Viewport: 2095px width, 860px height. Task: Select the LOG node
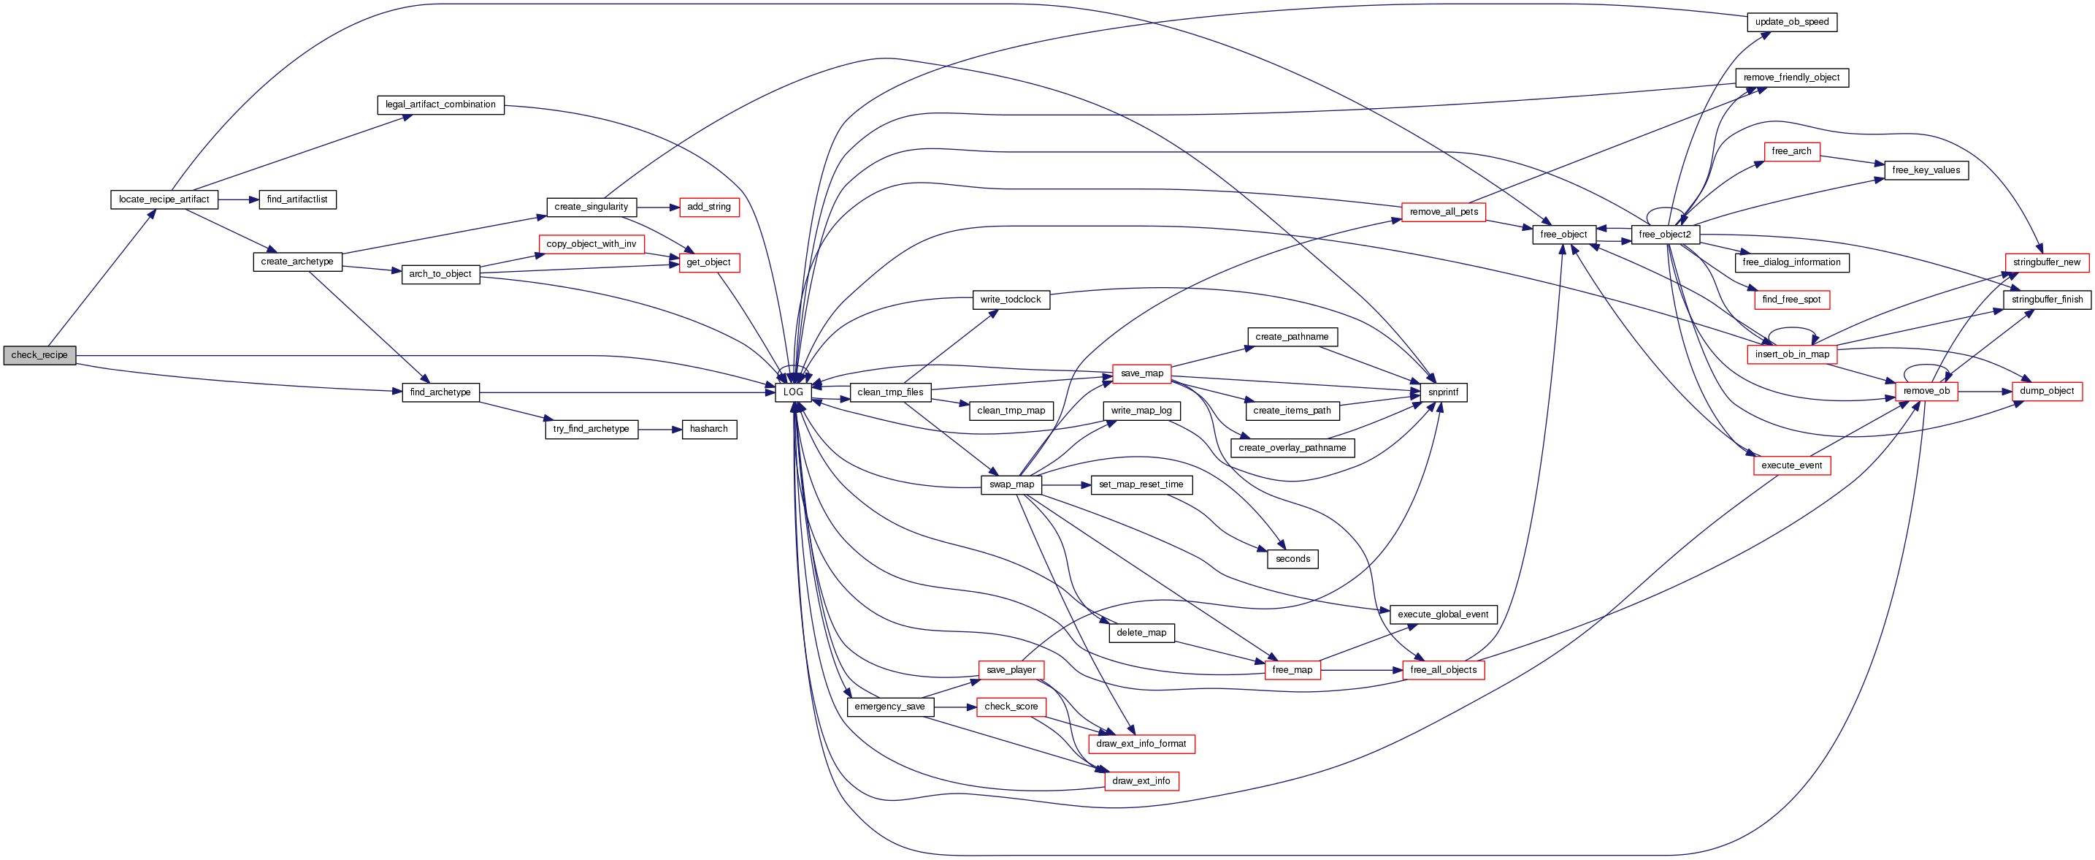click(x=793, y=392)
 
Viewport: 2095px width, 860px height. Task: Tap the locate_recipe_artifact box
click(x=164, y=199)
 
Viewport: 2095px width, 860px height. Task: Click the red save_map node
click(x=1141, y=373)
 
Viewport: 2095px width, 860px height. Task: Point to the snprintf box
click(x=1443, y=392)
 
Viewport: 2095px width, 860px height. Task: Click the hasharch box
click(x=708, y=429)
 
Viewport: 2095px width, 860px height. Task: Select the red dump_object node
click(x=2046, y=392)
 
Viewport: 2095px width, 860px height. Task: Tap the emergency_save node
click(x=889, y=707)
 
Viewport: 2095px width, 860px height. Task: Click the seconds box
click(x=1292, y=559)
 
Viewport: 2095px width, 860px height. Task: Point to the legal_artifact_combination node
click(x=440, y=105)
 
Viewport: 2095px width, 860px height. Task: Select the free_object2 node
click(x=1664, y=235)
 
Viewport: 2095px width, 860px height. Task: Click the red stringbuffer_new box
click(x=2046, y=262)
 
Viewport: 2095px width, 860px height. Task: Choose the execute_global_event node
click(x=1443, y=614)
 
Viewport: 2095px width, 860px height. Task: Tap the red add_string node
click(x=708, y=208)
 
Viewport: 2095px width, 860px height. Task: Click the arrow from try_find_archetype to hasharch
click(x=659, y=429)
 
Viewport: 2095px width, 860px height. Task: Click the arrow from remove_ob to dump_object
click(x=1985, y=392)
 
